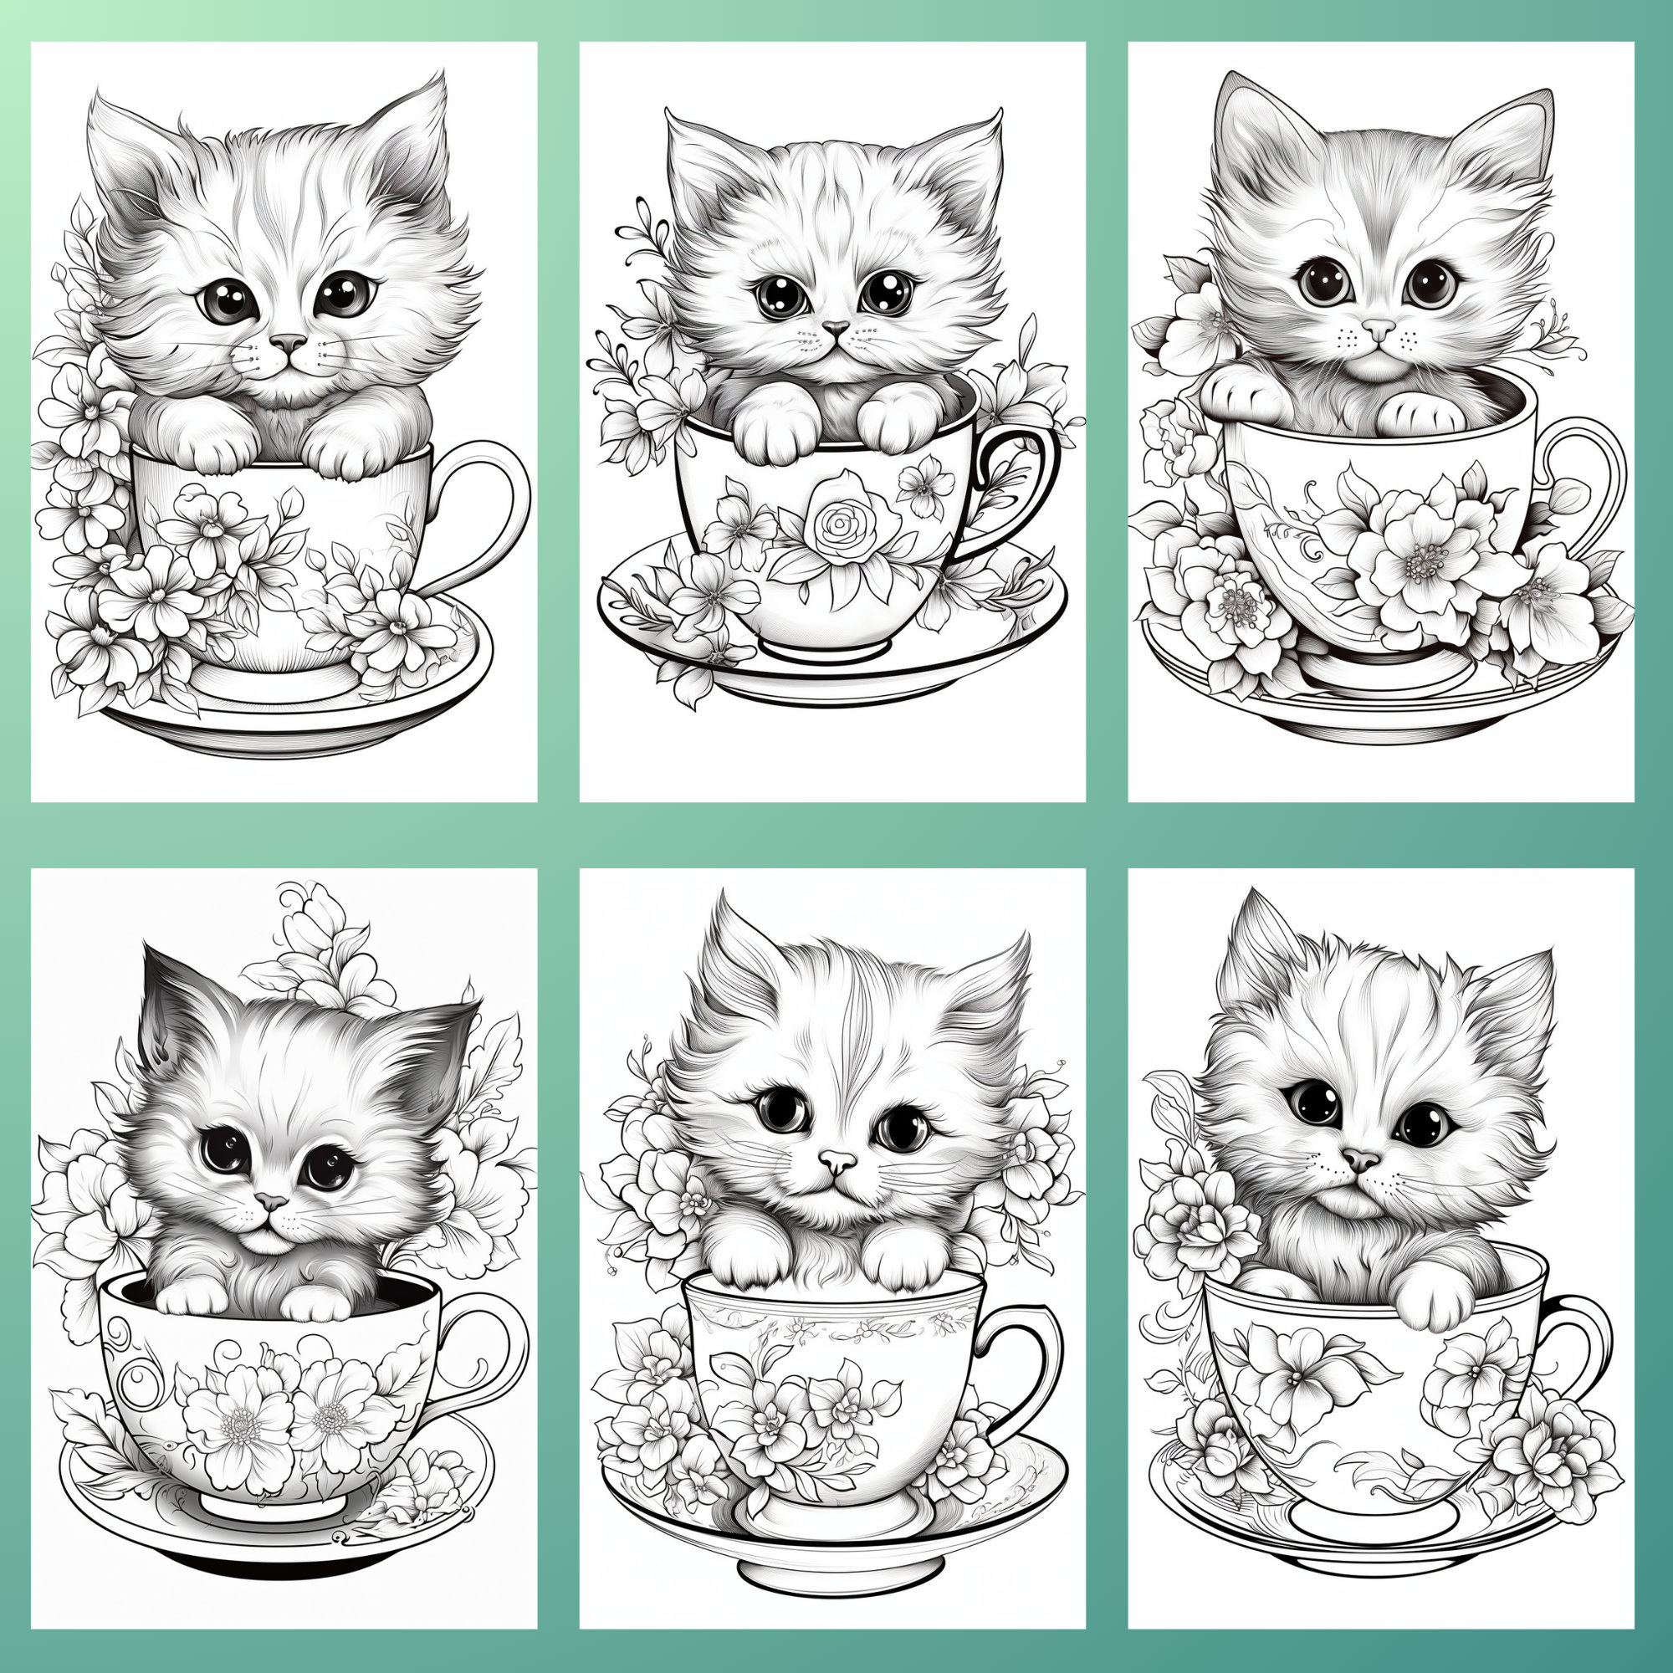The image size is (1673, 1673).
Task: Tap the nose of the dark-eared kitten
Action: click(270, 1201)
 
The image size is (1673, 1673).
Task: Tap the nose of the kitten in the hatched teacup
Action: click(289, 342)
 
